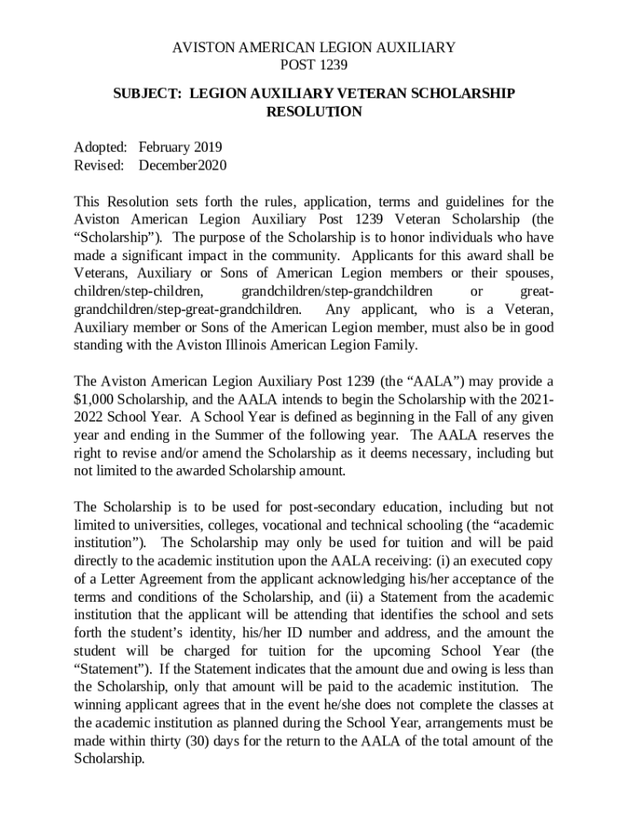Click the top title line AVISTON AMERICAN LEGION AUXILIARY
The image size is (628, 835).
tap(314, 48)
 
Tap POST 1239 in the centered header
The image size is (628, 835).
tap(314, 65)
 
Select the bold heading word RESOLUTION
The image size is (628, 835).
tap(314, 112)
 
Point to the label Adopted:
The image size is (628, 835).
tap(100, 148)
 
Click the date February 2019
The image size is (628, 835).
tap(180, 148)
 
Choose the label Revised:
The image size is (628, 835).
tap(99, 166)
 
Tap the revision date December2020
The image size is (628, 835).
tap(182, 166)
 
